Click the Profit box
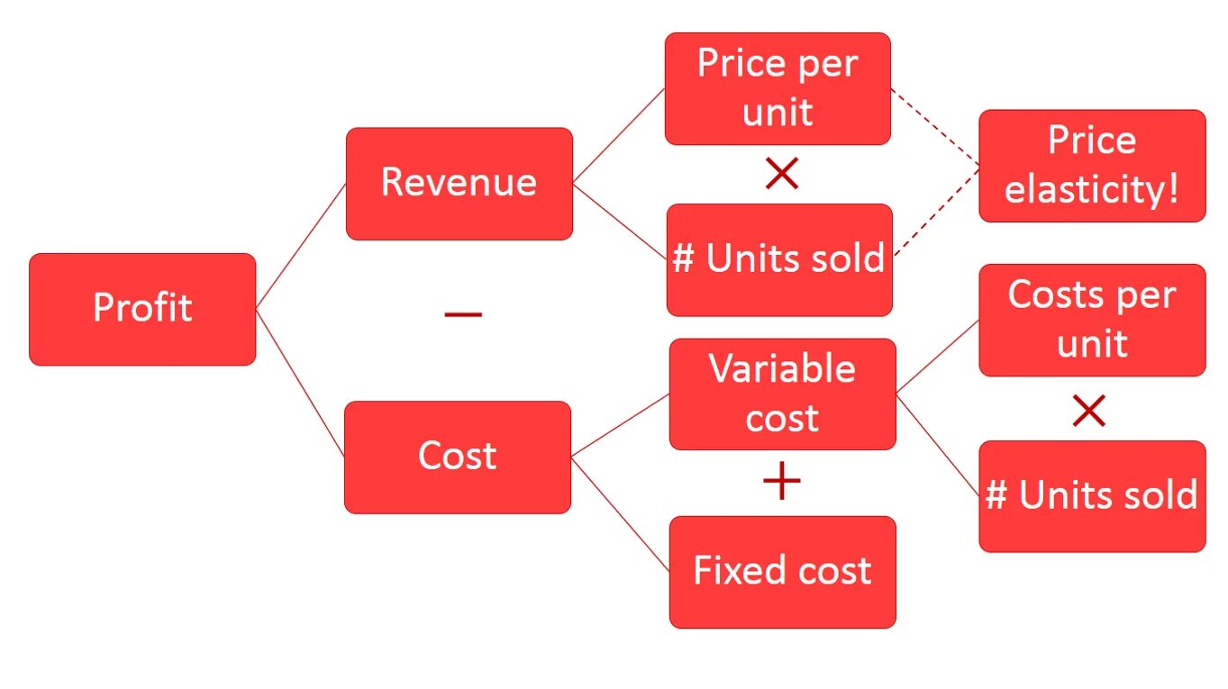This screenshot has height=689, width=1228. [142, 309]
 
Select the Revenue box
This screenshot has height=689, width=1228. [459, 184]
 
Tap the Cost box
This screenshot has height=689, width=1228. [457, 457]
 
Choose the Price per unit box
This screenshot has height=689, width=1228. [778, 88]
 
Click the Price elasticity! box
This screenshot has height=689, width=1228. [1092, 166]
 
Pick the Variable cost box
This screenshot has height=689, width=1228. [782, 394]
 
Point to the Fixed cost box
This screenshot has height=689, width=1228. [782, 572]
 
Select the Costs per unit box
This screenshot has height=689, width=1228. [1092, 320]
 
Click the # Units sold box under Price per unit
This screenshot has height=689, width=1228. [778, 259]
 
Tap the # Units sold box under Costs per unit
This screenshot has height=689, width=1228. [1092, 495]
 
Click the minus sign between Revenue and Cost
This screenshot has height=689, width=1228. [463, 314]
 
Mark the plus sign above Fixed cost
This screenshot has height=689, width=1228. [781, 483]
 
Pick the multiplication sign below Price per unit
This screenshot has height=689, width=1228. [781, 174]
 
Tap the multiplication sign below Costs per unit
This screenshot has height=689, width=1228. [1088, 412]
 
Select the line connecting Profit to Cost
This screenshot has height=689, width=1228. [300, 383]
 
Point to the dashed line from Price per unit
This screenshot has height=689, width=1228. [934, 127]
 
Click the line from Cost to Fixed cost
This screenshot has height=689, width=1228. [620, 513]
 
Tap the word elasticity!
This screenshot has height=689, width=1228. [1092, 190]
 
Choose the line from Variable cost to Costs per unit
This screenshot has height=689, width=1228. [937, 357]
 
